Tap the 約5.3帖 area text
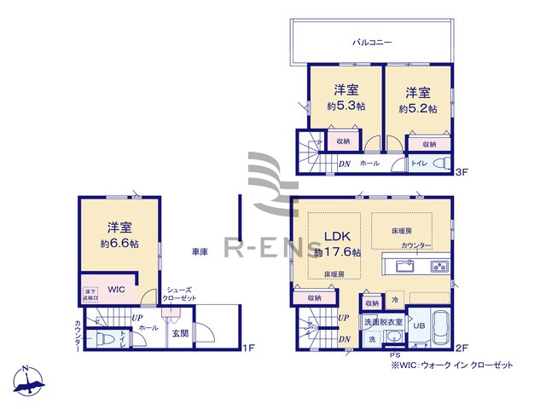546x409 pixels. click(346, 107)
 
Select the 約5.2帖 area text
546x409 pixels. click(417, 109)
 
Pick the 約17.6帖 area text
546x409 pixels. click(338, 252)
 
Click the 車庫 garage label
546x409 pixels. click(200, 252)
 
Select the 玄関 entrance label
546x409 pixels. click(181, 333)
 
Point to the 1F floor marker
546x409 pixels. click(248, 348)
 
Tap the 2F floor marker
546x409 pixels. click(462, 348)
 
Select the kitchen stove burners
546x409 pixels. click(439, 266)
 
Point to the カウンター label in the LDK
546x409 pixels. click(415, 245)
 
